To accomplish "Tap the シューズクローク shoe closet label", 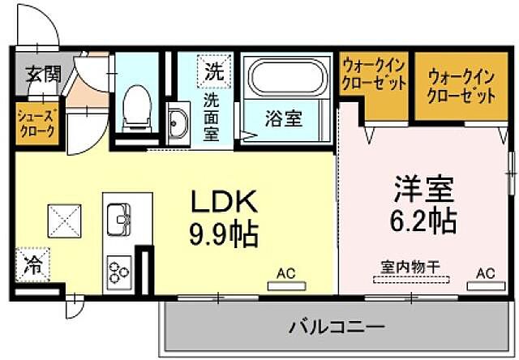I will click(36, 122).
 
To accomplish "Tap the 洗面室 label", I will click(211, 117).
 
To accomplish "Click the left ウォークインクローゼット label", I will click(373, 77).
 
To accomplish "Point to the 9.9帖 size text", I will click(222, 234).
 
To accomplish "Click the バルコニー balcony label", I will click(337, 328).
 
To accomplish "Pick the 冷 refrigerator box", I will click(32, 264).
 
